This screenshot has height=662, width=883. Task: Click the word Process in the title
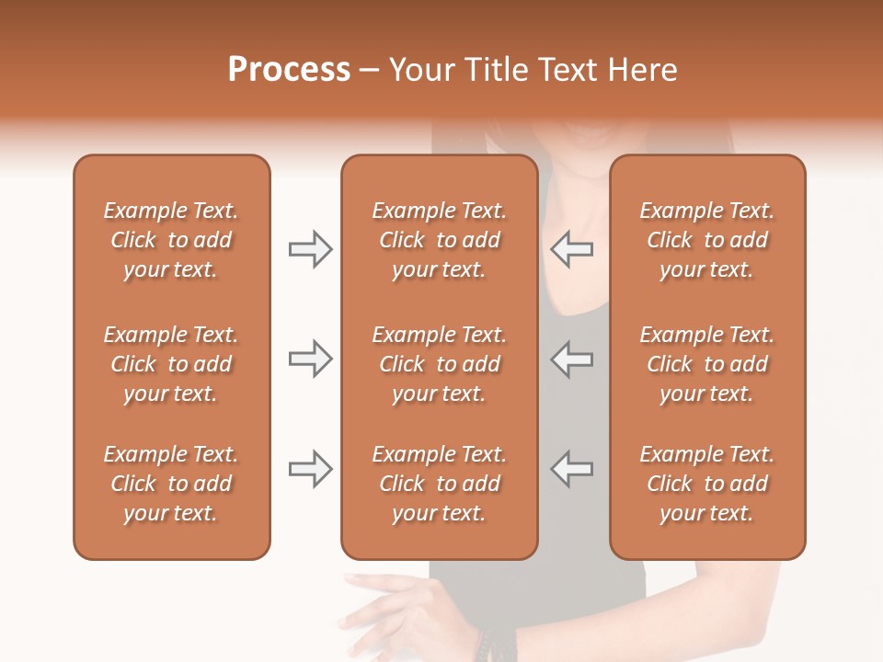click(x=289, y=70)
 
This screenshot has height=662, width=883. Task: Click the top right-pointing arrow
click(x=310, y=249)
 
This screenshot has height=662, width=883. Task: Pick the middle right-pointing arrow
click(x=310, y=359)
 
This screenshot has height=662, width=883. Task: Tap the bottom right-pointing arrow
click(x=310, y=469)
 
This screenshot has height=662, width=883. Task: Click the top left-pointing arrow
click(x=571, y=249)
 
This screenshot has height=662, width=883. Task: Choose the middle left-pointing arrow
click(x=571, y=359)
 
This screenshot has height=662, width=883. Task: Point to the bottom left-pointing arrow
click(x=571, y=469)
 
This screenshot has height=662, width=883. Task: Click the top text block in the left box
click(x=171, y=240)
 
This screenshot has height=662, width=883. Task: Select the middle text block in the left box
click(x=171, y=364)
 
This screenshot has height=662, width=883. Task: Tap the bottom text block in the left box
click(x=171, y=484)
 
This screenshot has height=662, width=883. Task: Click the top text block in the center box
click(x=439, y=240)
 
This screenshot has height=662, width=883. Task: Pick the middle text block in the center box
click(x=439, y=364)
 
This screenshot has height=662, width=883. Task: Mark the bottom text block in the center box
click(x=439, y=484)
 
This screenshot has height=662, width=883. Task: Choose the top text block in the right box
click(x=707, y=240)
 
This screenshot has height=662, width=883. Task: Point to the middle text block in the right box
click(x=707, y=364)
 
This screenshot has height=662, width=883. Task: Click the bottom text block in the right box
click(x=707, y=484)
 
